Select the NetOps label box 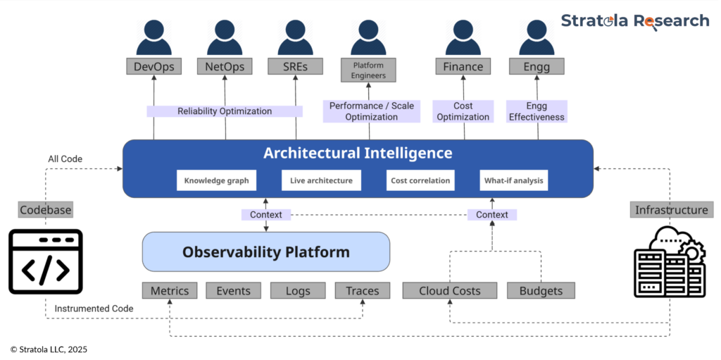(225, 67)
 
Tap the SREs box (295, 67)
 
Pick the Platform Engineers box (369, 69)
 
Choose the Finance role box (463, 67)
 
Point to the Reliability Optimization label (225, 111)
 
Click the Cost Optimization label (463, 111)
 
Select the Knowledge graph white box (216, 180)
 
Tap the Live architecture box (321, 180)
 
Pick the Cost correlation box (420, 180)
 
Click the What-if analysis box (513, 180)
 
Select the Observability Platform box (266, 252)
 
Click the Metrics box (170, 290)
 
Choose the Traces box (362, 290)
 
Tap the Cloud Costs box (450, 290)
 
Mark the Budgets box (541, 290)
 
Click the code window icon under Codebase (46, 261)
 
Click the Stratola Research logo (634, 21)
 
